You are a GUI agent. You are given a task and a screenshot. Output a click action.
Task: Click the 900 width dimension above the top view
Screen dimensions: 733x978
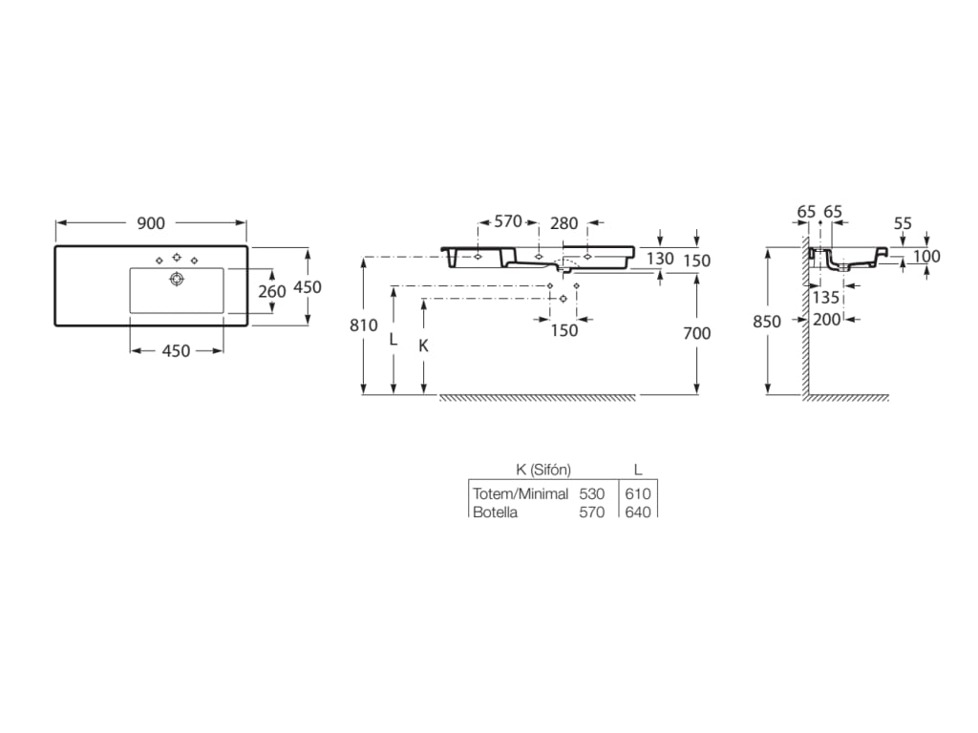(x=151, y=223)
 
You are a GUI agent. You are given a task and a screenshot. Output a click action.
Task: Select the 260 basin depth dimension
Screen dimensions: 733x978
(x=272, y=291)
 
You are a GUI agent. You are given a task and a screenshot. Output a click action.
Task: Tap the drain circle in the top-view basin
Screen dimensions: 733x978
(x=176, y=279)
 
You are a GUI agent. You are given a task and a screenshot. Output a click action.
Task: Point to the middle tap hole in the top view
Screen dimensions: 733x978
(x=177, y=258)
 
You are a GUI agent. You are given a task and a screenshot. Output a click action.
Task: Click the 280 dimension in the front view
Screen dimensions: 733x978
(x=564, y=222)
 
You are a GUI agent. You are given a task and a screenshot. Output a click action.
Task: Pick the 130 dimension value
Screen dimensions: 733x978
(x=660, y=259)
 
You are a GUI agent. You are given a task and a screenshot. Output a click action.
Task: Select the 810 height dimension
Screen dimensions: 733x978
(x=363, y=325)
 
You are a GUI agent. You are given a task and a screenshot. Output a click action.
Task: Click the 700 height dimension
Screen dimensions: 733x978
(x=697, y=333)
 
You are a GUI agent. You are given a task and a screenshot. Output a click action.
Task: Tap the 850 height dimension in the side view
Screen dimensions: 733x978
(x=767, y=322)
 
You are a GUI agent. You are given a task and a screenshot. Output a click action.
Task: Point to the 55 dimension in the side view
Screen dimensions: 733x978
(x=903, y=223)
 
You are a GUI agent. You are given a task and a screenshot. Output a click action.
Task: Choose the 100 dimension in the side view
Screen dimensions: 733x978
(x=925, y=256)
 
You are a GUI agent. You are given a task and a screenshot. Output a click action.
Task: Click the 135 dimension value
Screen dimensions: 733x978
(x=827, y=297)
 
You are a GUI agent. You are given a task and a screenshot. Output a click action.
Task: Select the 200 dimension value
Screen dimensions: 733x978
(x=827, y=320)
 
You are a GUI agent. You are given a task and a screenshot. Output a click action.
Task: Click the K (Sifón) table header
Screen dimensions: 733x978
(x=542, y=469)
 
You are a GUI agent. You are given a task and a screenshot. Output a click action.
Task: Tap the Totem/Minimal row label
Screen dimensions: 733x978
(x=521, y=493)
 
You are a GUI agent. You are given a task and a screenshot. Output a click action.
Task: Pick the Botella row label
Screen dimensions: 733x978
(x=495, y=513)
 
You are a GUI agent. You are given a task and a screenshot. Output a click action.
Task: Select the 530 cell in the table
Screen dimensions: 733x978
(x=592, y=493)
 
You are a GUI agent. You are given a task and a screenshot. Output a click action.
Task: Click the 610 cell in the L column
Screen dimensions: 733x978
(x=638, y=493)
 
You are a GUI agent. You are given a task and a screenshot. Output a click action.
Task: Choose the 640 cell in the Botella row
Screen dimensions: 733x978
(x=638, y=513)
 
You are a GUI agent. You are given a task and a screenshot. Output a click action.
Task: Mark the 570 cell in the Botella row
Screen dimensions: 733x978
(x=592, y=513)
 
